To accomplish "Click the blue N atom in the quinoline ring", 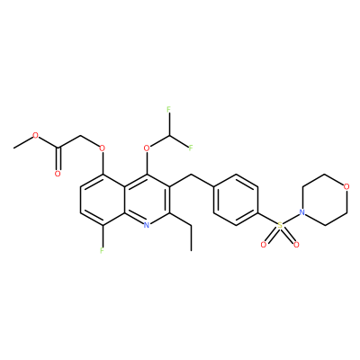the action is point(147,225).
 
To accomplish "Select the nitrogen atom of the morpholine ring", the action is point(302,212).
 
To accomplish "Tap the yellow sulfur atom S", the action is point(280,225).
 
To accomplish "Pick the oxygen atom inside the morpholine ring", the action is point(346,187).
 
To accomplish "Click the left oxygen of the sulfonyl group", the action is point(264,245).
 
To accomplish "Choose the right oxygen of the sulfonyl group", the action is point(296,245).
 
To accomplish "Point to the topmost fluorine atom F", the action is point(168,109).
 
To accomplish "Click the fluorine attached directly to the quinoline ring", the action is point(102,250).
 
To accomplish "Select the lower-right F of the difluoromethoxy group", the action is point(191,148).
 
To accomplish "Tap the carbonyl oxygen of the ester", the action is point(58,174).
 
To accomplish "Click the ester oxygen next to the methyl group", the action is point(36,135).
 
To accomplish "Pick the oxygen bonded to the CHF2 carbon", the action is point(147,148).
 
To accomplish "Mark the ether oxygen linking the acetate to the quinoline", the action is point(102,148).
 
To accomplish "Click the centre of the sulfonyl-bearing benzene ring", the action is point(236,200).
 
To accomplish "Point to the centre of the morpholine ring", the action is point(324,200).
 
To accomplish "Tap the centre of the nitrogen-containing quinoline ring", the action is point(147,200).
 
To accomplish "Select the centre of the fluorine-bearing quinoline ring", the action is point(102,200).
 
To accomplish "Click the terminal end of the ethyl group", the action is point(191,250).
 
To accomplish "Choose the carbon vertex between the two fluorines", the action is point(168,135).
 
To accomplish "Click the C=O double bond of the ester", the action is point(58,159).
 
